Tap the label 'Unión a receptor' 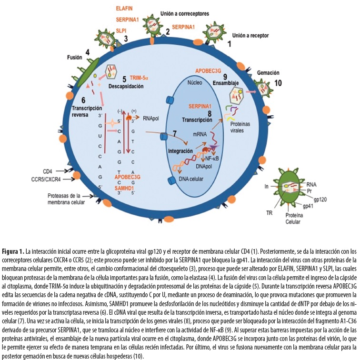(250, 35)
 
